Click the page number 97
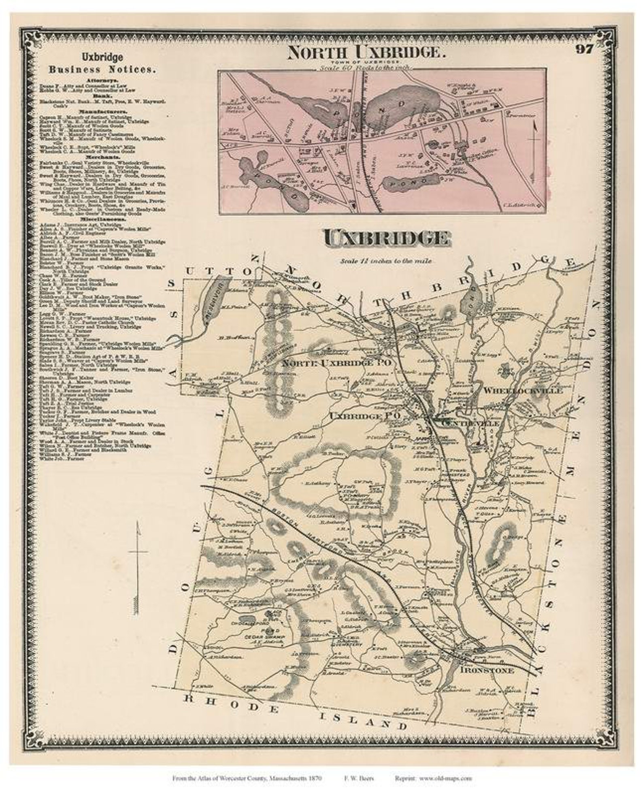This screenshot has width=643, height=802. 583,49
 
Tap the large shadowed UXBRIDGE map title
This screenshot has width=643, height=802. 386,238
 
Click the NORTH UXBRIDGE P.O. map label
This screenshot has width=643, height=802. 336,363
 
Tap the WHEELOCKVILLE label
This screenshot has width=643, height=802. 522,391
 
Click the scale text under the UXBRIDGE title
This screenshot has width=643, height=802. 385,261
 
